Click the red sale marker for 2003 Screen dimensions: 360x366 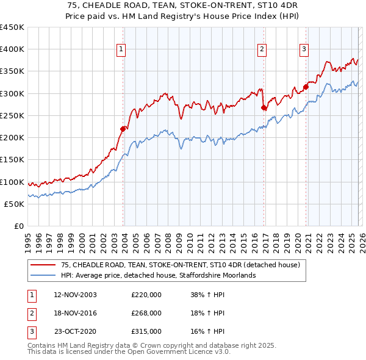pos(123,128)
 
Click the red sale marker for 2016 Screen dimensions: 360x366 pos(264,107)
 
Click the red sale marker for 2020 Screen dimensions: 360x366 pos(306,87)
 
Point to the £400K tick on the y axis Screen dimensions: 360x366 pos(12,49)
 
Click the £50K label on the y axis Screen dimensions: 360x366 pos(15,204)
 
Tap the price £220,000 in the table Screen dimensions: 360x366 pos(146,295)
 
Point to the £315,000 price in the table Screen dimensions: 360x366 pos(146,331)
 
